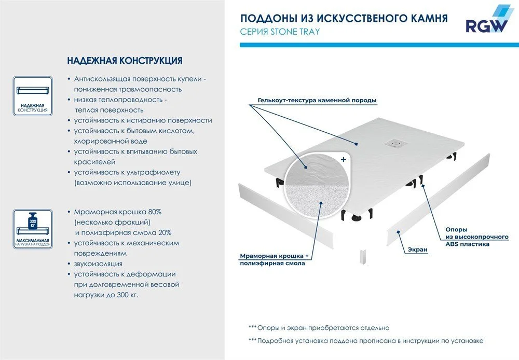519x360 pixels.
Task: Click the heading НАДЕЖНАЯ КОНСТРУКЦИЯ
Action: [125, 61]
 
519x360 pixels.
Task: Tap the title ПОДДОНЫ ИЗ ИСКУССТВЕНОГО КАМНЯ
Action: [344, 19]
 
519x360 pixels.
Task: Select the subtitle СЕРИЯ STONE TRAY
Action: [280, 32]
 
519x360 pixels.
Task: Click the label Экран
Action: [417, 250]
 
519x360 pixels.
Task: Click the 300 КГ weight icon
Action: [32, 220]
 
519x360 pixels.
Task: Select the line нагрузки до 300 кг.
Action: [106, 295]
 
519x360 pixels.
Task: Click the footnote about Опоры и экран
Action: [319, 328]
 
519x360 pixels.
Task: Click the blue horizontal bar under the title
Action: [374, 46]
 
